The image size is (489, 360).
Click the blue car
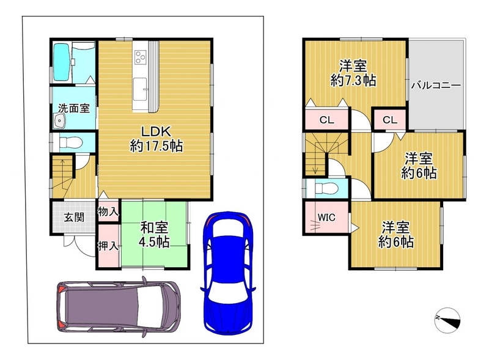pos(228,273)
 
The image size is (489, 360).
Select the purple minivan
pos(119,306)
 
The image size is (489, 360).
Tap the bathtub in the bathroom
pos(62,62)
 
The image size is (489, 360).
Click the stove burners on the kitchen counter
pos(140,57)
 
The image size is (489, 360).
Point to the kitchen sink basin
pos(140,89)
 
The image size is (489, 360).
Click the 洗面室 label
pos(74,108)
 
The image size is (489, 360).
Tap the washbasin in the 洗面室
pos(59,120)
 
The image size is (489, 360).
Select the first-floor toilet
pos(70,143)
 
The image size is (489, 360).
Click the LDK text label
pos(156,131)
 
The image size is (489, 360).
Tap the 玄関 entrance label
pos(74,217)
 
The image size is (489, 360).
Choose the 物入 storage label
pos(108,212)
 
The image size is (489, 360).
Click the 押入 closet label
pos(108,246)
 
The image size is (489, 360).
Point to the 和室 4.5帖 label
pos(155,235)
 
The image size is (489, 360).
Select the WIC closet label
pos(326,217)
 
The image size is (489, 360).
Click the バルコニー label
pos(436,86)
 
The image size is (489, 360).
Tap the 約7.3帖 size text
pos(353,81)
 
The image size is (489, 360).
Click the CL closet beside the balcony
pos(390,120)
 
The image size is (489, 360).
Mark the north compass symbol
pos(447,320)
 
